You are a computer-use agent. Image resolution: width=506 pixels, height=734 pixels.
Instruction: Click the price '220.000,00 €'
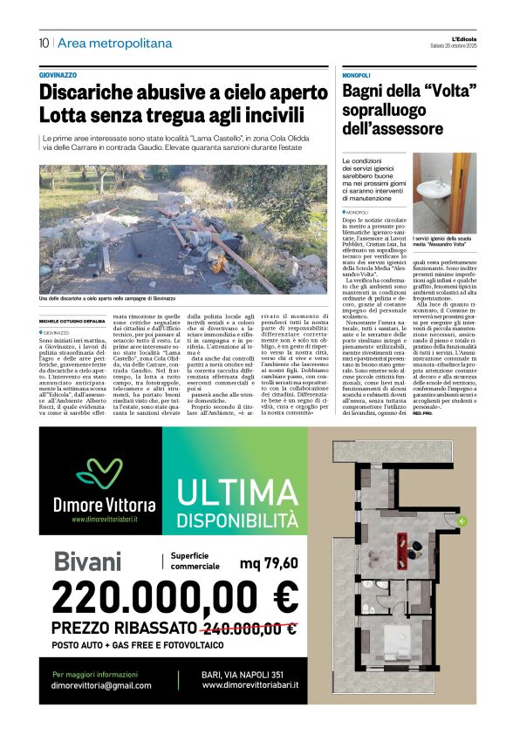point(174,598)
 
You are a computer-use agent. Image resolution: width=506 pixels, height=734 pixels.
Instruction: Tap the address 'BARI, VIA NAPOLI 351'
point(243,674)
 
